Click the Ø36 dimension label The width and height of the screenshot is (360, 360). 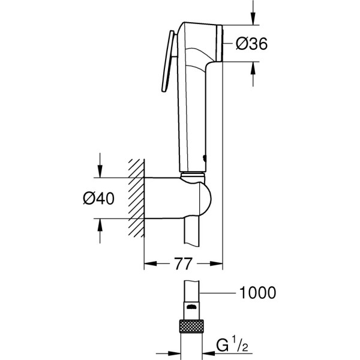[x=251, y=44]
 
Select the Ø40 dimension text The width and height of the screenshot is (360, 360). [x=98, y=199]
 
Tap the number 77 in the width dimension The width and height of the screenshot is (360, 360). [x=183, y=264]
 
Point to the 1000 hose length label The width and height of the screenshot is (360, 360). [x=257, y=293]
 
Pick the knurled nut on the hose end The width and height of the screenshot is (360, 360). [x=192, y=326]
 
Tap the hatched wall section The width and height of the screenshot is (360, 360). [x=136, y=198]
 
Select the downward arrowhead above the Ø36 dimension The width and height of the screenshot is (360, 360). [x=253, y=19]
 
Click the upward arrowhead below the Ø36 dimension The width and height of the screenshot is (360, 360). [x=253, y=68]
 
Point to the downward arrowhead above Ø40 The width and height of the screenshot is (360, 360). [x=100, y=171]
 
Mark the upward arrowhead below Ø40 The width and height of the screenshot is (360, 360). [x=100, y=225]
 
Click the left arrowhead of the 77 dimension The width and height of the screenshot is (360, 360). [x=151, y=263]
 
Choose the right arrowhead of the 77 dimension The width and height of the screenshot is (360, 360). [x=216, y=263]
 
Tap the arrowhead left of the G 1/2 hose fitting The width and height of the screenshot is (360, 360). [x=174, y=353]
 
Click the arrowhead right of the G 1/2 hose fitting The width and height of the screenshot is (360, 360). [x=209, y=353]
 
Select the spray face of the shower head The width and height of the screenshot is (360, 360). [x=220, y=43]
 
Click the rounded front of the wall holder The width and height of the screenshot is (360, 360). [x=205, y=198]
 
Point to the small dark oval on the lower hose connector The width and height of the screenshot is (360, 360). [x=192, y=307]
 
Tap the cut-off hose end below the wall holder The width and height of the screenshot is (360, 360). [x=192, y=232]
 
